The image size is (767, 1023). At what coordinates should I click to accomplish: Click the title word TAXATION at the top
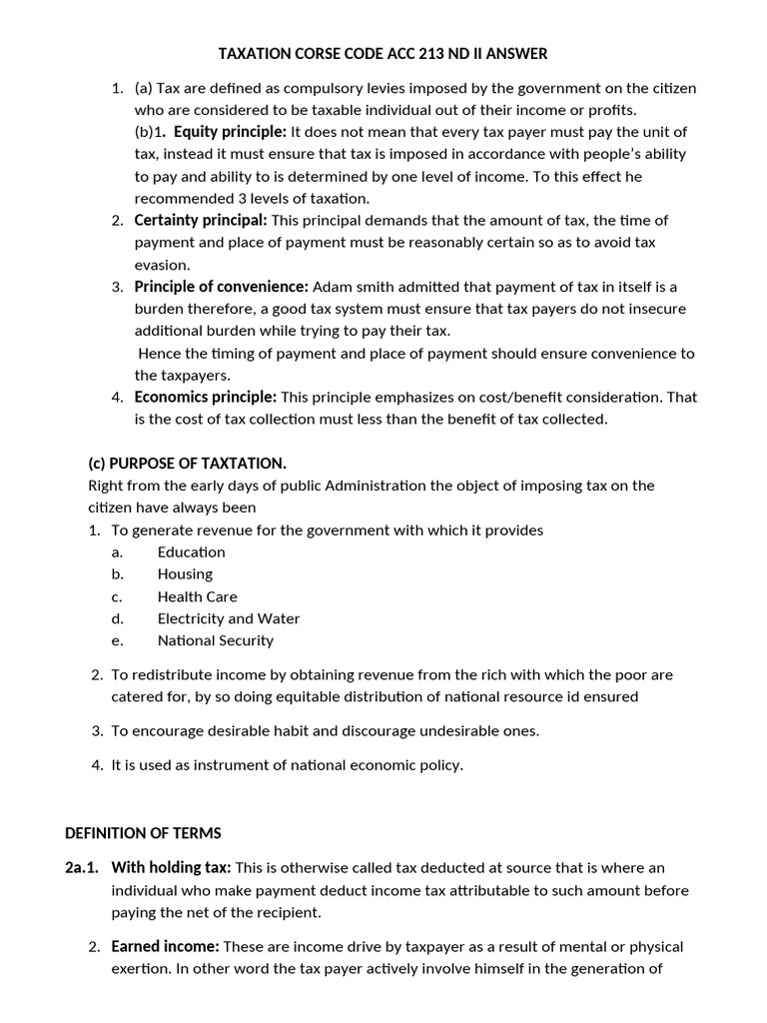255,52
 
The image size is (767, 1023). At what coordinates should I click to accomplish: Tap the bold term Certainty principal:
201,220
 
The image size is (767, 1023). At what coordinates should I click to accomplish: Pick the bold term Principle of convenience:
222,287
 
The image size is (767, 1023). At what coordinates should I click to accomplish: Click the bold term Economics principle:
206,397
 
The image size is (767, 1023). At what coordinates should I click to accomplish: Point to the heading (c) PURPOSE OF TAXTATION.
188,463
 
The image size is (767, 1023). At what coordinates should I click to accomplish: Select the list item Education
192,552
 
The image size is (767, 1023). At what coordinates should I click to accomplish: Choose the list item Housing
185,574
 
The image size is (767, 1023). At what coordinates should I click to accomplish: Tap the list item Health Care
198,596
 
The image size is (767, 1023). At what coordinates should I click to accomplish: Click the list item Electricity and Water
229,618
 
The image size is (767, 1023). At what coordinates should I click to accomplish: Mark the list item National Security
216,640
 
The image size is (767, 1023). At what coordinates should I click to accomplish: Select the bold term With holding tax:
171,867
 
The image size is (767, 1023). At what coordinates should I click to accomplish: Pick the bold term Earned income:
165,945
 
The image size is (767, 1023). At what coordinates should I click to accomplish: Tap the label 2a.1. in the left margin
82,867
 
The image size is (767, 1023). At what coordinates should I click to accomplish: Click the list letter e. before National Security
117,640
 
